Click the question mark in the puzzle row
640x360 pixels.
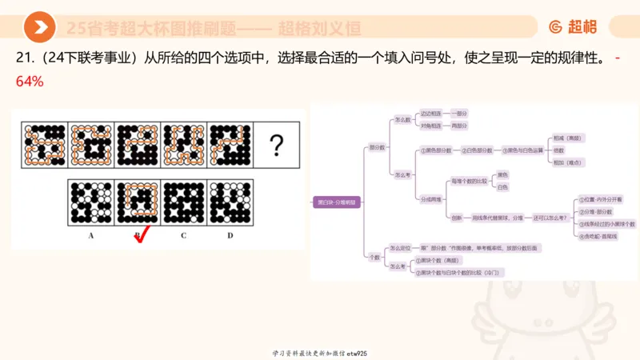pyautogui.click(x=277, y=146)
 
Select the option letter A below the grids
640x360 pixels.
pyautogui.click(x=91, y=235)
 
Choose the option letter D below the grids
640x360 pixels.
pyautogui.click(x=230, y=235)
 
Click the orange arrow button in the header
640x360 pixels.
pyautogui.click(x=39, y=28)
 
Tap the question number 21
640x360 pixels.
pyautogui.click(x=24, y=58)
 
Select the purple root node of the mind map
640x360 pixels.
pyautogui.click(x=335, y=202)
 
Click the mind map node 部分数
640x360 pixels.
pyautogui.click(x=376, y=147)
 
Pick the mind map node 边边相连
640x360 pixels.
pyautogui.click(x=430, y=114)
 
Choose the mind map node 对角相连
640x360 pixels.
pyautogui.click(x=430, y=126)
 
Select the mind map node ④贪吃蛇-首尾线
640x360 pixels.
pyautogui.click(x=598, y=236)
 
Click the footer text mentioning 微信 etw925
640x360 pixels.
pyautogui.click(x=319, y=353)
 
